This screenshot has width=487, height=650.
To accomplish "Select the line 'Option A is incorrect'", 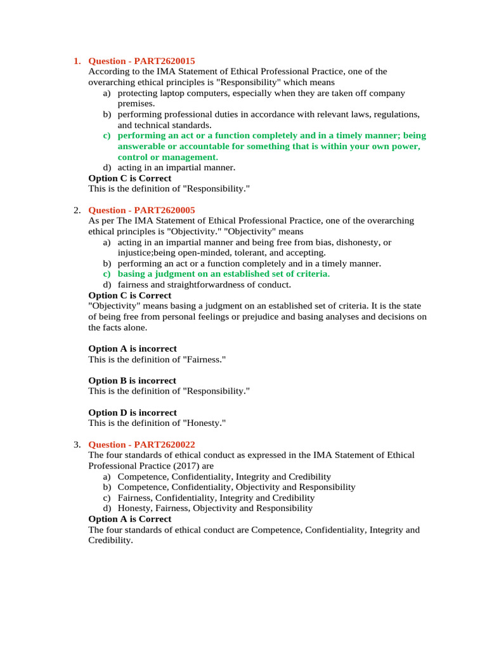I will click(x=133, y=348).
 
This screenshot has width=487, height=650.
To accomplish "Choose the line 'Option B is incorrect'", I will click(x=133, y=381).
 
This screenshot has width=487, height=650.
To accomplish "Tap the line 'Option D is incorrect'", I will click(x=133, y=413).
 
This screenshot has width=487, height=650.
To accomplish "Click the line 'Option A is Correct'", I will click(x=129, y=519).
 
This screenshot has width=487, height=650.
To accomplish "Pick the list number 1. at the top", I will click(x=77, y=62).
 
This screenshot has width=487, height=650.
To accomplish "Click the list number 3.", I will click(x=77, y=444).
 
